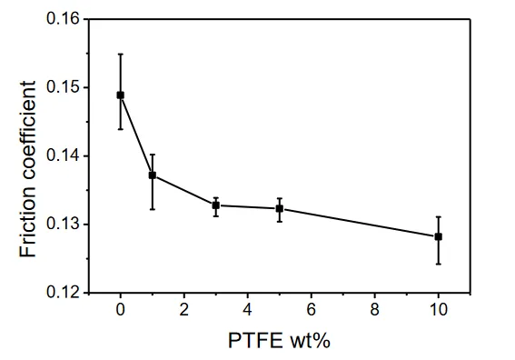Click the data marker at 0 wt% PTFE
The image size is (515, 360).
(x=121, y=95)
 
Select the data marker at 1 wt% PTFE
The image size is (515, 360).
(x=153, y=175)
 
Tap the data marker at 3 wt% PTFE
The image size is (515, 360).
(x=216, y=205)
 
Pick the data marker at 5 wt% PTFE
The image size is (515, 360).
(x=280, y=209)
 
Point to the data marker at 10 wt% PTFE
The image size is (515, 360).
(x=438, y=236)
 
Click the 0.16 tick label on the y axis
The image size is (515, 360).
(x=63, y=19)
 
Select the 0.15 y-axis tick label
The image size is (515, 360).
(x=63, y=87)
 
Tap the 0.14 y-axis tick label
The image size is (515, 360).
(x=63, y=155)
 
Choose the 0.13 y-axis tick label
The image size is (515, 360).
(x=63, y=225)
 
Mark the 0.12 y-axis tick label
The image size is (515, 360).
(x=63, y=293)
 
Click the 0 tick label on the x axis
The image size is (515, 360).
(x=121, y=309)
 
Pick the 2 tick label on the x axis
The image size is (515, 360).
(x=183, y=309)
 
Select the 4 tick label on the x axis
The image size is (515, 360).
(x=248, y=309)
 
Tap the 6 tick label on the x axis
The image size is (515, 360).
(x=311, y=309)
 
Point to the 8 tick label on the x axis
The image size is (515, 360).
(x=375, y=309)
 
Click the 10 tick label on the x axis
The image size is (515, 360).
(x=438, y=309)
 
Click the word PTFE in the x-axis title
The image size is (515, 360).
(x=255, y=341)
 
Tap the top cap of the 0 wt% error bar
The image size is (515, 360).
(x=121, y=54)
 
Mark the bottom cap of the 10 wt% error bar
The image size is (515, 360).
(x=438, y=264)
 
